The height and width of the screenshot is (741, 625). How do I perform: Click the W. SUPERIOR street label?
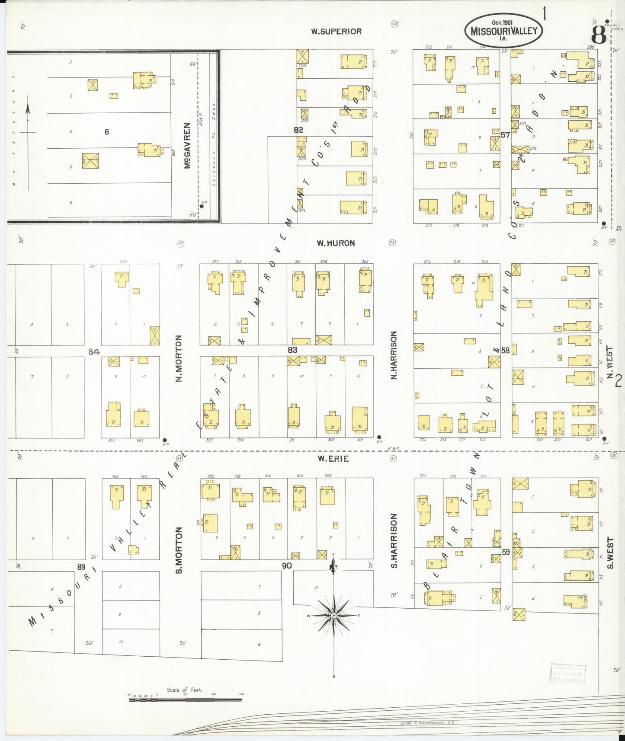pyautogui.click(x=336, y=32)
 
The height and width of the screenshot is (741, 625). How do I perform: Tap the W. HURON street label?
pyautogui.click(x=335, y=243)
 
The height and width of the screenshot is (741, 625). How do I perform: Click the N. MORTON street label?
pyautogui.click(x=179, y=358)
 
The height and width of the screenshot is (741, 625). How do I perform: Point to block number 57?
pyautogui.click(x=505, y=135)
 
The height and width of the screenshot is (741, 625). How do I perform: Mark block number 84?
pyautogui.click(x=94, y=352)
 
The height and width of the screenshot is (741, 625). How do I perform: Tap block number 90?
pyautogui.click(x=286, y=565)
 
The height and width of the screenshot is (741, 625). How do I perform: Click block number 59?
pyautogui.click(x=506, y=552)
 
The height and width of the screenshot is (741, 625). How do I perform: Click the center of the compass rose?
pyautogui.click(x=333, y=615)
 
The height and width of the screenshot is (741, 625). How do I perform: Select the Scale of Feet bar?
pyautogui.click(x=186, y=699)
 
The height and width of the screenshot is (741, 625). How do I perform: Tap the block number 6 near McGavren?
pyautogui.click(x=106, y=132)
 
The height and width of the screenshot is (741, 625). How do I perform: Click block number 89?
pyautogui.click(x=81, y=567)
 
